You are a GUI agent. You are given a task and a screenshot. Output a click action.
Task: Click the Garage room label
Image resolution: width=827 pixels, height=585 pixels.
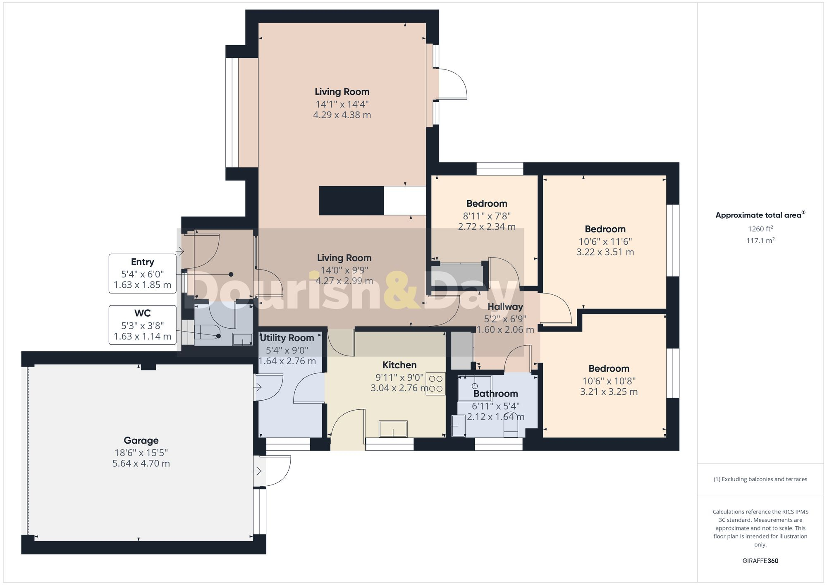141,440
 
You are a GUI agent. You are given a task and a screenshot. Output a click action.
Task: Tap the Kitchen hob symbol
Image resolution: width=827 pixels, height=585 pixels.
436,384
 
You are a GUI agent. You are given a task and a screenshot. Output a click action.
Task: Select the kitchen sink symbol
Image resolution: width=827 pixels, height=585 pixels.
393,429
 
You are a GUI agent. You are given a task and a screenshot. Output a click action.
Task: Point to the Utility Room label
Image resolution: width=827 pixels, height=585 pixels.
287,338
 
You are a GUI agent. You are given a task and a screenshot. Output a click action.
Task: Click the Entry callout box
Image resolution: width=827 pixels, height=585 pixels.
142,273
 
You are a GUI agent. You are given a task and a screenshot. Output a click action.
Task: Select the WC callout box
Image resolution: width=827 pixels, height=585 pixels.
142,325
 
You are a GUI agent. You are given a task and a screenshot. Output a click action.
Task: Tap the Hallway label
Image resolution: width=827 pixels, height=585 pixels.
505,307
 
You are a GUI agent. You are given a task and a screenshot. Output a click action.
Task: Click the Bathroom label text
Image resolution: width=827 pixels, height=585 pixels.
495,394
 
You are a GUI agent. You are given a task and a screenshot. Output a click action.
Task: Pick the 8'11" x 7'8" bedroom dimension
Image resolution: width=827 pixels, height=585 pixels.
487,216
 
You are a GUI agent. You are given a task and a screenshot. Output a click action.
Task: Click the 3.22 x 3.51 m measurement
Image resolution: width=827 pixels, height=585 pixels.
605,252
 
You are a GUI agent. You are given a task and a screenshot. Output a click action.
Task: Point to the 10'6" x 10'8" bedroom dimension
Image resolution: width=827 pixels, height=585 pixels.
609,381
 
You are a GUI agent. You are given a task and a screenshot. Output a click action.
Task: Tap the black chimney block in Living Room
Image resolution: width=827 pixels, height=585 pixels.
351,201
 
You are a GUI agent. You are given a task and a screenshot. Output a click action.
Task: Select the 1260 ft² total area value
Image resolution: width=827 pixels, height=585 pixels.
760,229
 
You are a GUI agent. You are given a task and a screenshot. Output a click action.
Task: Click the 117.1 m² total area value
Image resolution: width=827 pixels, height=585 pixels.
760,241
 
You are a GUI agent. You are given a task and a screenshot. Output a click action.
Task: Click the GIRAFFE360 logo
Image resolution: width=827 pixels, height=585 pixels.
760,561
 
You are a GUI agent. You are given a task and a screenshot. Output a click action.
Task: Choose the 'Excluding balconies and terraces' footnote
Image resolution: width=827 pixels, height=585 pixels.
760,479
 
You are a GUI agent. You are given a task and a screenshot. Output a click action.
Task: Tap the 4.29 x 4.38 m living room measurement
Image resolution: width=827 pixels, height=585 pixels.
342,115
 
